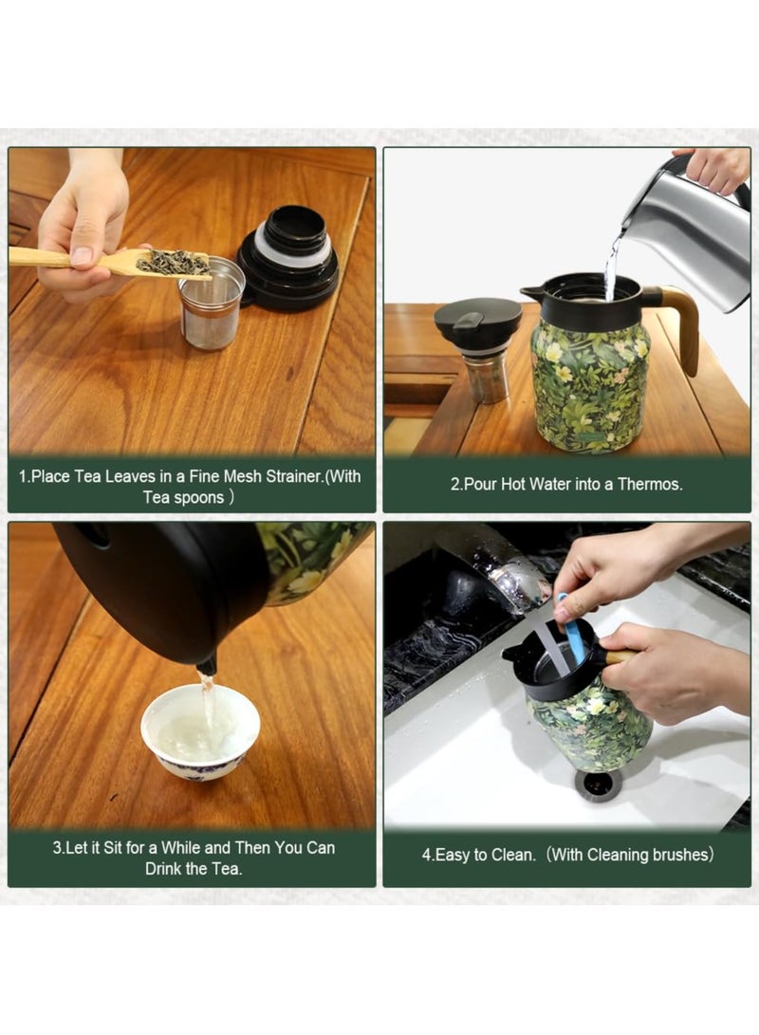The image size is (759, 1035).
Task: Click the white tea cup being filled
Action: click(x=200, y=731)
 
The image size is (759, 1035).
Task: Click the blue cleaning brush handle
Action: click(x=572, y=632)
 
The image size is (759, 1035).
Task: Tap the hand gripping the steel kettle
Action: click(x=717, y=168)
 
